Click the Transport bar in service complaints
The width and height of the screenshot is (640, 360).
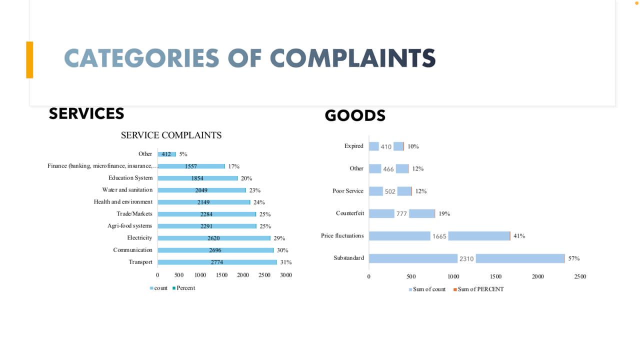[x=217, y=262]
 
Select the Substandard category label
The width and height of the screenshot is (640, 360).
[x=348, y=258]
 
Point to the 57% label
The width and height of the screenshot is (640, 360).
[x=573, y=258]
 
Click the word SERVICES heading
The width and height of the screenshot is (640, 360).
[x=86, y=113]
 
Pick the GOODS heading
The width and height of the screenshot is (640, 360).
[x=355, y=115]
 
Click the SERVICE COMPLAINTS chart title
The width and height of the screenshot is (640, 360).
[x=171, y=135]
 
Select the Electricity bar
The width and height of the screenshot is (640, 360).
[x=214, y=238]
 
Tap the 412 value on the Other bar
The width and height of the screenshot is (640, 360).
[x=166, y=154]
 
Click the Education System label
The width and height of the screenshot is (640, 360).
[x=130, y=178]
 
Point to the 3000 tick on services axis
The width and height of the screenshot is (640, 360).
[x=285, y=275]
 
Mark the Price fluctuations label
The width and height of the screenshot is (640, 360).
[x=342, y=235]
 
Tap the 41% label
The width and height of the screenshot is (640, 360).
[x=519, y=236]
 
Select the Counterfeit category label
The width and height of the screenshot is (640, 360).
[x=349, y=213]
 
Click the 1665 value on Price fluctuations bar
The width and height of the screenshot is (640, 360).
[x=439, y=236]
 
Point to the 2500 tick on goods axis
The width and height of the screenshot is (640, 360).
[x=580, y=276]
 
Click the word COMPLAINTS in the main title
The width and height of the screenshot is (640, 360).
[x=353, y=58]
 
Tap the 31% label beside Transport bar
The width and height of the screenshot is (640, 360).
[x=286, y=262]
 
